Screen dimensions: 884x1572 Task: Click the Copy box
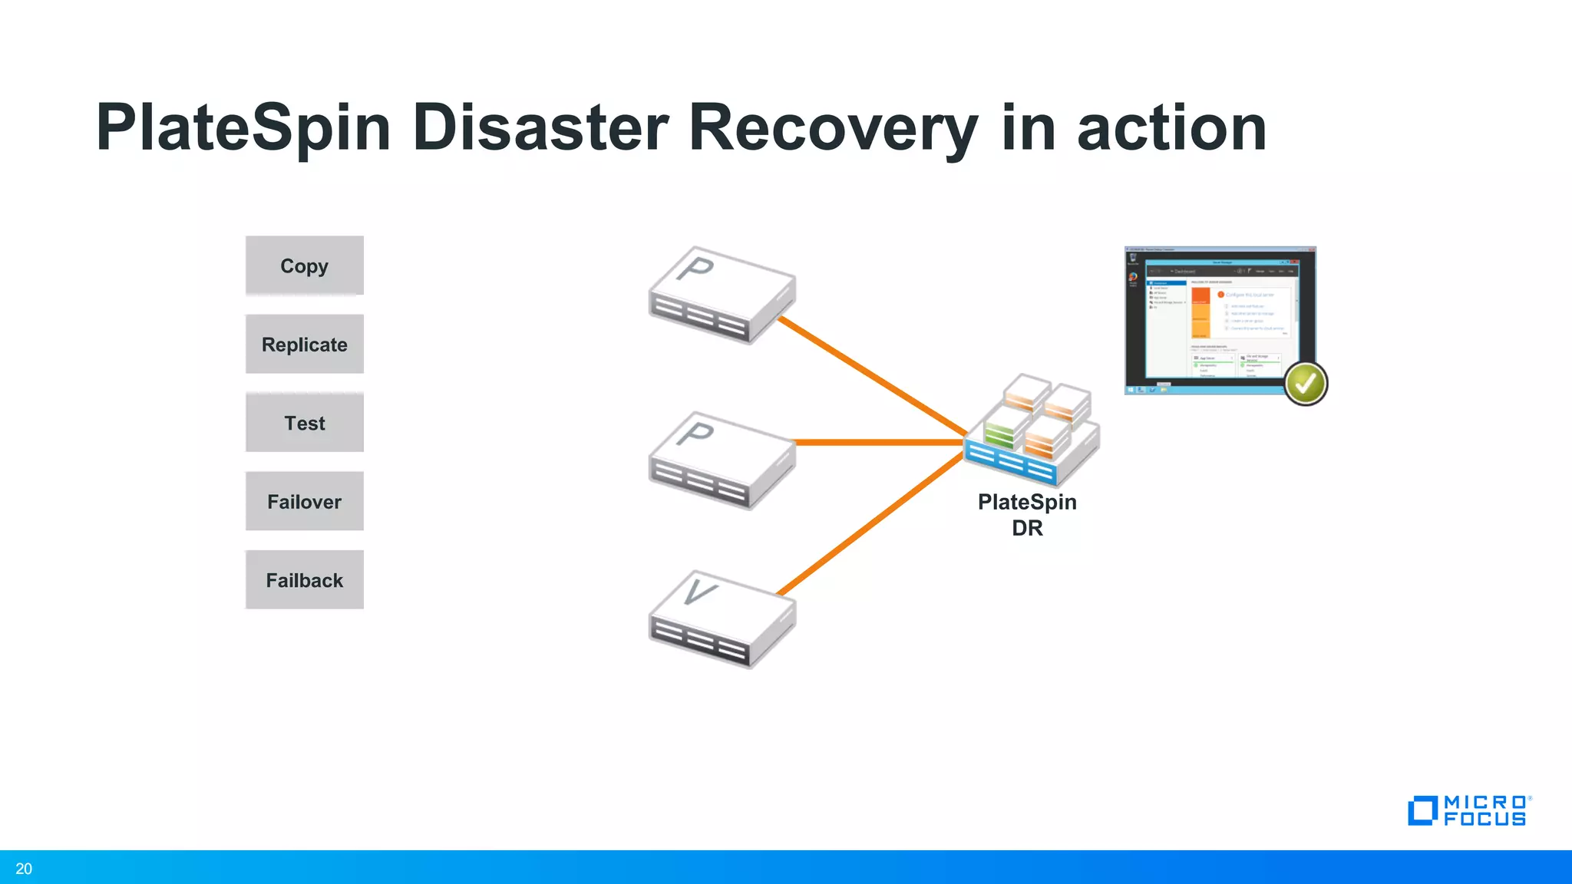point(304,266)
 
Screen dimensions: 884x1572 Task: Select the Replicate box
point(304,345)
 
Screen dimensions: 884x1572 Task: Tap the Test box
point(304,423)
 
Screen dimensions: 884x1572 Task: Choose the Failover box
point(304,502)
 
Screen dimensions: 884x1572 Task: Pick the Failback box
point(304,580)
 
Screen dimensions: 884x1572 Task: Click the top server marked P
point(722,295)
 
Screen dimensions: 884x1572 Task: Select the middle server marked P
point(722,460)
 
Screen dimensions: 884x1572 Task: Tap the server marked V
point(722,619)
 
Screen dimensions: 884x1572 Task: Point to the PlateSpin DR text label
point(1027,515)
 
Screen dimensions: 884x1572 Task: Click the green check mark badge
point(1306,383)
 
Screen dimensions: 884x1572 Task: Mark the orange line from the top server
point(871,375)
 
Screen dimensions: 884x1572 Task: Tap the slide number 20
point(24,869)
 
